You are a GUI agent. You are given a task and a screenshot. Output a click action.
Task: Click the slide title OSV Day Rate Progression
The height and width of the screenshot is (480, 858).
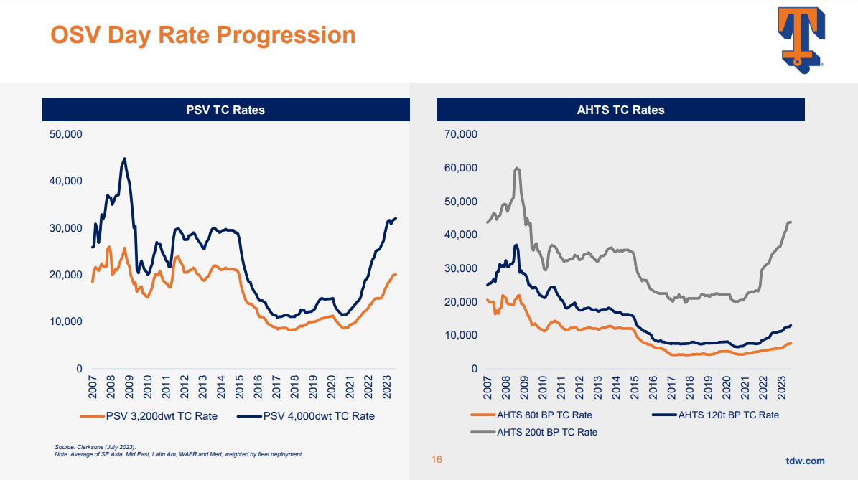pyautogui.click(x=202, y=34)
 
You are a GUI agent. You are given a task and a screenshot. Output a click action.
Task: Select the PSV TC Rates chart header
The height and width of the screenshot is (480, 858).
pyautogui.click(x=225, y=110)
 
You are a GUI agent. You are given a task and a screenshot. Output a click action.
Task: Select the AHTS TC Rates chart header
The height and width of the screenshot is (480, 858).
pyautogui.click(x=620, y=110)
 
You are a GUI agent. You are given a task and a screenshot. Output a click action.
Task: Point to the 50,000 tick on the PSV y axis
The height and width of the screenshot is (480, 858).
pyautogui.click(x=65, y=134)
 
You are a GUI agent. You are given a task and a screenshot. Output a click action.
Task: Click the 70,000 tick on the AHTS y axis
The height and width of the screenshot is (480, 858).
pyautogui.click(x=460, y=134)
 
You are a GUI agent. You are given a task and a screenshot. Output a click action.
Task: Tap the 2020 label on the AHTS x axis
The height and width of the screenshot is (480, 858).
pyautogui.click(x=726, y=388)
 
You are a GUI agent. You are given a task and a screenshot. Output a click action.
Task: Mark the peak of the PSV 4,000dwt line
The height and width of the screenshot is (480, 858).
pyautogui.click(x=125, y=159)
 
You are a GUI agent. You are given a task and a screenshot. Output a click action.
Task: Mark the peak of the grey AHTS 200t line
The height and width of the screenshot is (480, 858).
pyautogui.click(x=517, y=168)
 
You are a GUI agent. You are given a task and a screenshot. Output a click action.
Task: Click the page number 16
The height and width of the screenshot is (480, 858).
pyautogui.click(x=437, y=460)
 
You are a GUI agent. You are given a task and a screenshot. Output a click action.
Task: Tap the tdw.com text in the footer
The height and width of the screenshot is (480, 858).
pyautogui.click(x=805, y=461)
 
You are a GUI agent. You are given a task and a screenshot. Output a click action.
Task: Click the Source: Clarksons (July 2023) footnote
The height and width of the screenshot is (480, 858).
pyautogui.click(x=95, y=447)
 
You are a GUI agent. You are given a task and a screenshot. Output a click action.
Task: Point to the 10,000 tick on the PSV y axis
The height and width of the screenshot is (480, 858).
pyautogui.click(x=65, y=321)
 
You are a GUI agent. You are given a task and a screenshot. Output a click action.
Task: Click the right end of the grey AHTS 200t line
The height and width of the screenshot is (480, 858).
pyautogui.click(x=791, y=222)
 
